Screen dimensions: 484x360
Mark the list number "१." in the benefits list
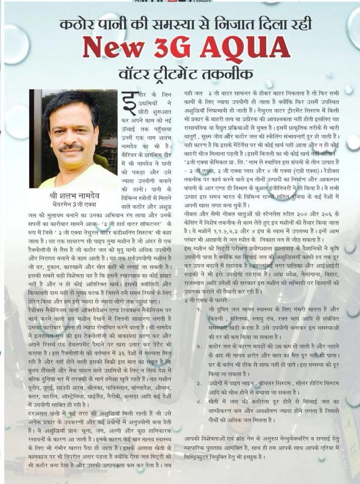(x=200, y=309)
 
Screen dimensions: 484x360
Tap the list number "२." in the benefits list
(x=200, y=347)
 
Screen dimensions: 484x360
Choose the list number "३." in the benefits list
(x=200, y=384)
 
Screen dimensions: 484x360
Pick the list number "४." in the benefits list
(x=200, y=402)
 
